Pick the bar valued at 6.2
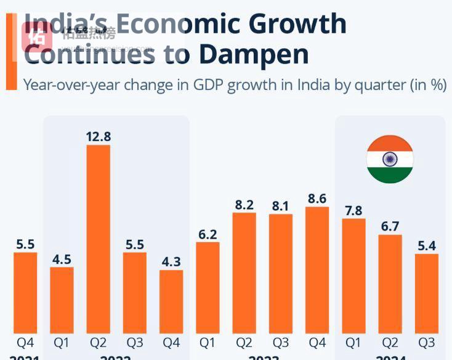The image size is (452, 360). (x=208, y=287)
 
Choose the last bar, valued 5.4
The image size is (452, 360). (x=426, y=293)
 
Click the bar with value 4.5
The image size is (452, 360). (x=62, y=300)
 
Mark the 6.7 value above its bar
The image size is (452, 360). (x=390, y=227)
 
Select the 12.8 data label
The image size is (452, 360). (x=99, y=137)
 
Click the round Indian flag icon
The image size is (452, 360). (x=390, y=160)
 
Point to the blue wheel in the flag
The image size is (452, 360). (x=390, y=160)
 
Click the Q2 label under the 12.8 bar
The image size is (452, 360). (x=99, y=342)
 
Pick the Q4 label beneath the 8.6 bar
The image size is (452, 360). (x=317, y=342)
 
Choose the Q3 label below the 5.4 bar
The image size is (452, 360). (x=426, y=342)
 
